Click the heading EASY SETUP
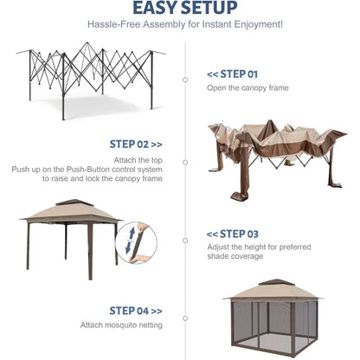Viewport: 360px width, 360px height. tap(179, 10)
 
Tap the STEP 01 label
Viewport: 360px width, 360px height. tap(232, 74)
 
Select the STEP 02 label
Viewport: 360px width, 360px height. tap(135, 144)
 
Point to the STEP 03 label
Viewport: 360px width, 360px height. tap(232, 234)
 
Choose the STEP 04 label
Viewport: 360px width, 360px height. tap(135, 310)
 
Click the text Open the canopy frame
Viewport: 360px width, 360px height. tap(247, 88)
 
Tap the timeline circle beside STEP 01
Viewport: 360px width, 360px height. tap(184, 80)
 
